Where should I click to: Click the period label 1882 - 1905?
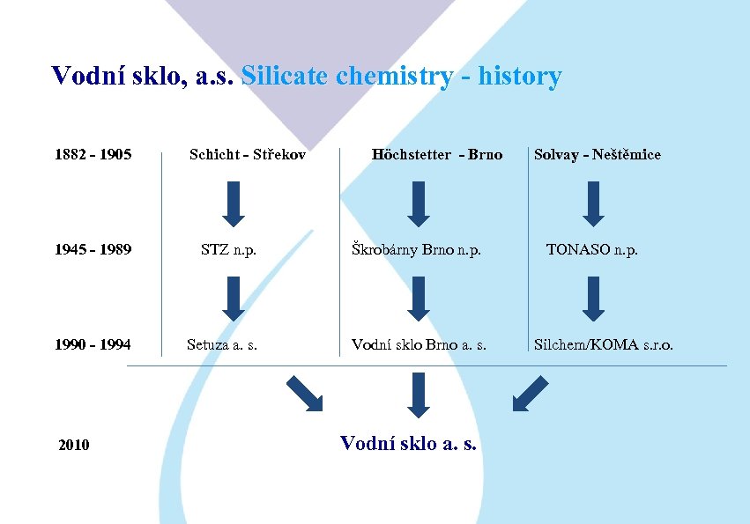(93, 155)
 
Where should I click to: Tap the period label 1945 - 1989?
(93, 250)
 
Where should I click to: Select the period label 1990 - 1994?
(93, 345)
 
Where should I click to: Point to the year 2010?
(73, 446)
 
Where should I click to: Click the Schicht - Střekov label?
(248, 155)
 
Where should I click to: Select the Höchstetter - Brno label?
(437, 155)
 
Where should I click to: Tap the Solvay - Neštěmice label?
(597, 155)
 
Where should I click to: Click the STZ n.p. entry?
(228, 250)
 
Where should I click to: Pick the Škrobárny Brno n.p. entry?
(416, 250)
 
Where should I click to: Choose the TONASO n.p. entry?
(592, 250)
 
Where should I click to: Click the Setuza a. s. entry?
(222, 345)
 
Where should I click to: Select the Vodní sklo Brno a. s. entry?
(419, 345)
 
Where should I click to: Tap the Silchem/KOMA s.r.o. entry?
(604, 345)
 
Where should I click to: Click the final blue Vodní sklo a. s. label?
(408, 443)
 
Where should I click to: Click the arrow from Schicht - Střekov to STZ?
(233, 203)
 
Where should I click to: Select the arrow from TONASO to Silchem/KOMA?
(593, 298)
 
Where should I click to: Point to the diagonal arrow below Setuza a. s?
(305, 393)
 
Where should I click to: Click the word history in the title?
(520, 77)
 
